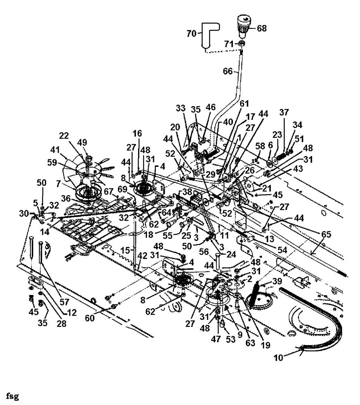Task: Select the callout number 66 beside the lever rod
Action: pyautogui.click(x=228, y=71)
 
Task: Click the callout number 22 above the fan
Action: pyautogui.click(x=64, y=136)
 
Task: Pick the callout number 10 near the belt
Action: pyautogui.click(x=278, y=358)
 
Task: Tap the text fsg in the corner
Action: pyautogui.click(x=13, y=396)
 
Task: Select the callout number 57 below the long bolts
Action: pyautogui.click(x=64, y=302)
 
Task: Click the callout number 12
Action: pyautogui.click(x=72, y=313)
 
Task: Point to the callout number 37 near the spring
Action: pyautogui.click(x=284, y=112)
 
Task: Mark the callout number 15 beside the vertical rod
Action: pyautogui.click(x=125, y=251)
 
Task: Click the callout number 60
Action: pyautogui.click(x=90, y=318)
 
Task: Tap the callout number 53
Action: pyautogui.click(x=230, y=339)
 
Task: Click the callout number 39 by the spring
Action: pyautogui.click(x=277, y=281)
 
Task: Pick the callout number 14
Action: pyautogui.click(x=45, y=232)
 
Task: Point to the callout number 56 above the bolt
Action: pyautogui.click(x=204, y=252)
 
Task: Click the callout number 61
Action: pyautogui.click(x=244, y=104)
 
